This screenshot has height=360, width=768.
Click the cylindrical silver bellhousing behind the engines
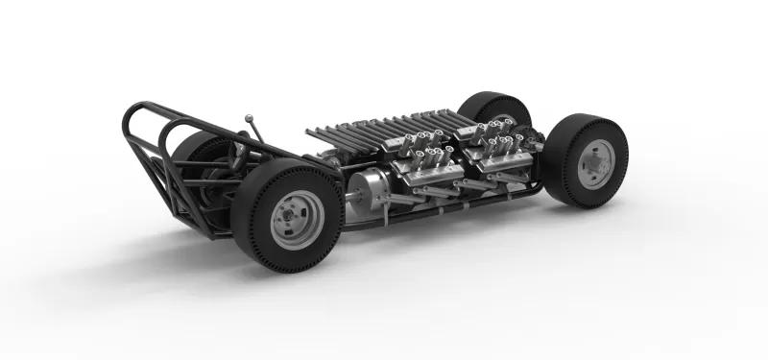point(369,189)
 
